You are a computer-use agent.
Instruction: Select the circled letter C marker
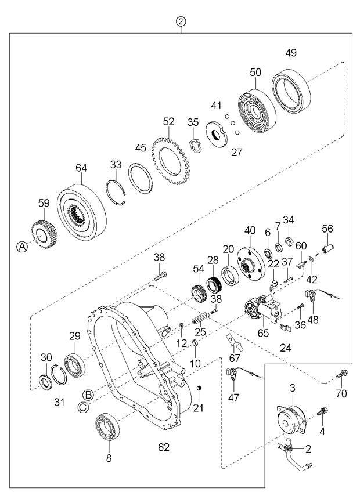pyautogui.click(x=84, y=407)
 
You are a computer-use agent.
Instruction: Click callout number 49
pyautogui.click(x=290, y=53)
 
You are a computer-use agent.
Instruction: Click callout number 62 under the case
pyautogui.click(x=164, y=447)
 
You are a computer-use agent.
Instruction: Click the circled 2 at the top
pyautogui.click(x=182, y=21)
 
